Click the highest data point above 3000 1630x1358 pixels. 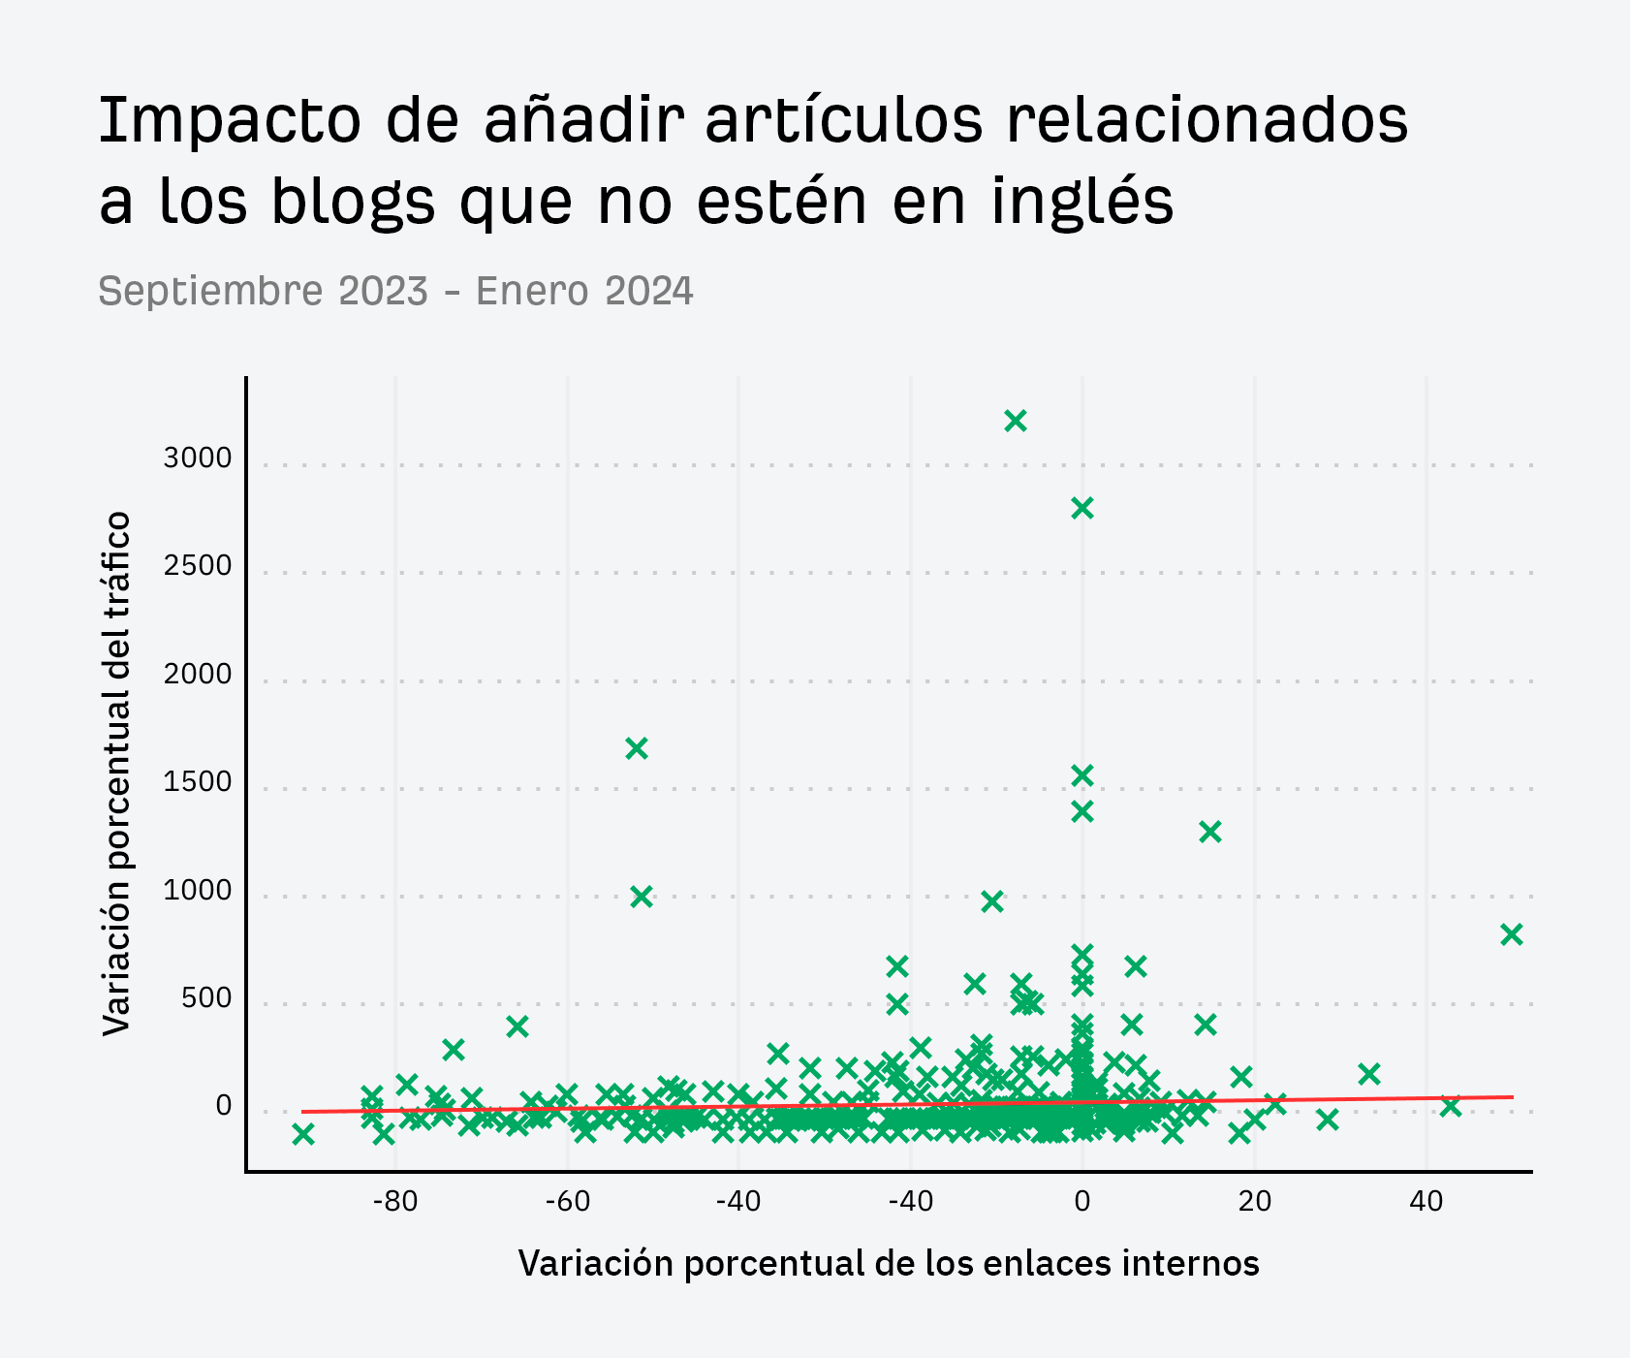pos(1015,421)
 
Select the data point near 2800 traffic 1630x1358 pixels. pos(1082,508)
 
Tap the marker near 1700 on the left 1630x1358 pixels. pos(636,748)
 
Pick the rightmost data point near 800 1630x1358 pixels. pos(1511,934)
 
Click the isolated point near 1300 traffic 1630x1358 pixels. pos(1209,832)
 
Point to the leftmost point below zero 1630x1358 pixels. pos(303,1134)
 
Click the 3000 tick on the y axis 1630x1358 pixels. pos(198,458)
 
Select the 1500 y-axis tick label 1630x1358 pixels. pos(198,782)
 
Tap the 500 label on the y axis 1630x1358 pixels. pos(206,998)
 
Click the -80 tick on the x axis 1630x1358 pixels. pos(394,1202)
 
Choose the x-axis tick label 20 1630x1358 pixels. pos(1254,1202)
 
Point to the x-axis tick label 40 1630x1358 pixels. pos(1426,1202)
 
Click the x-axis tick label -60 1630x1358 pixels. pos(567,1202)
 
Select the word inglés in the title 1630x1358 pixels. pos(1082,202)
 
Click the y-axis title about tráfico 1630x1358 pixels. pos(116,774)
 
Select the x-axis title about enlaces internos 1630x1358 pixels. pos(889,1263)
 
